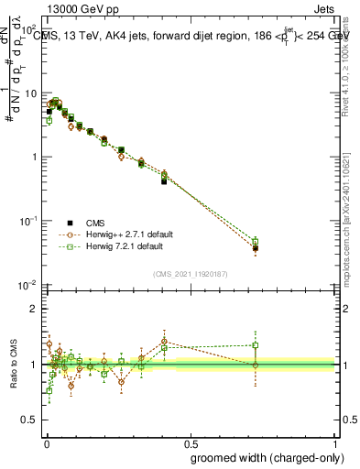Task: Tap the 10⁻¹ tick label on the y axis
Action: pyautogui.click(x=29, y=221)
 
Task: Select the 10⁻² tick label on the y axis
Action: pyautogui.click(x=29, y=285)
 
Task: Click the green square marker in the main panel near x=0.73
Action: pyautogui.click(x=256, y=242)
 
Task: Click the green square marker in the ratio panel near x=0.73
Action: pyautogui.click(x=256, y=345)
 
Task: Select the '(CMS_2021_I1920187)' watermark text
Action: pyautogui.click(x=190, y=274)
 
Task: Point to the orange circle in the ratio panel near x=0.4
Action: pyautogui.click(x=164, y=342)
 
